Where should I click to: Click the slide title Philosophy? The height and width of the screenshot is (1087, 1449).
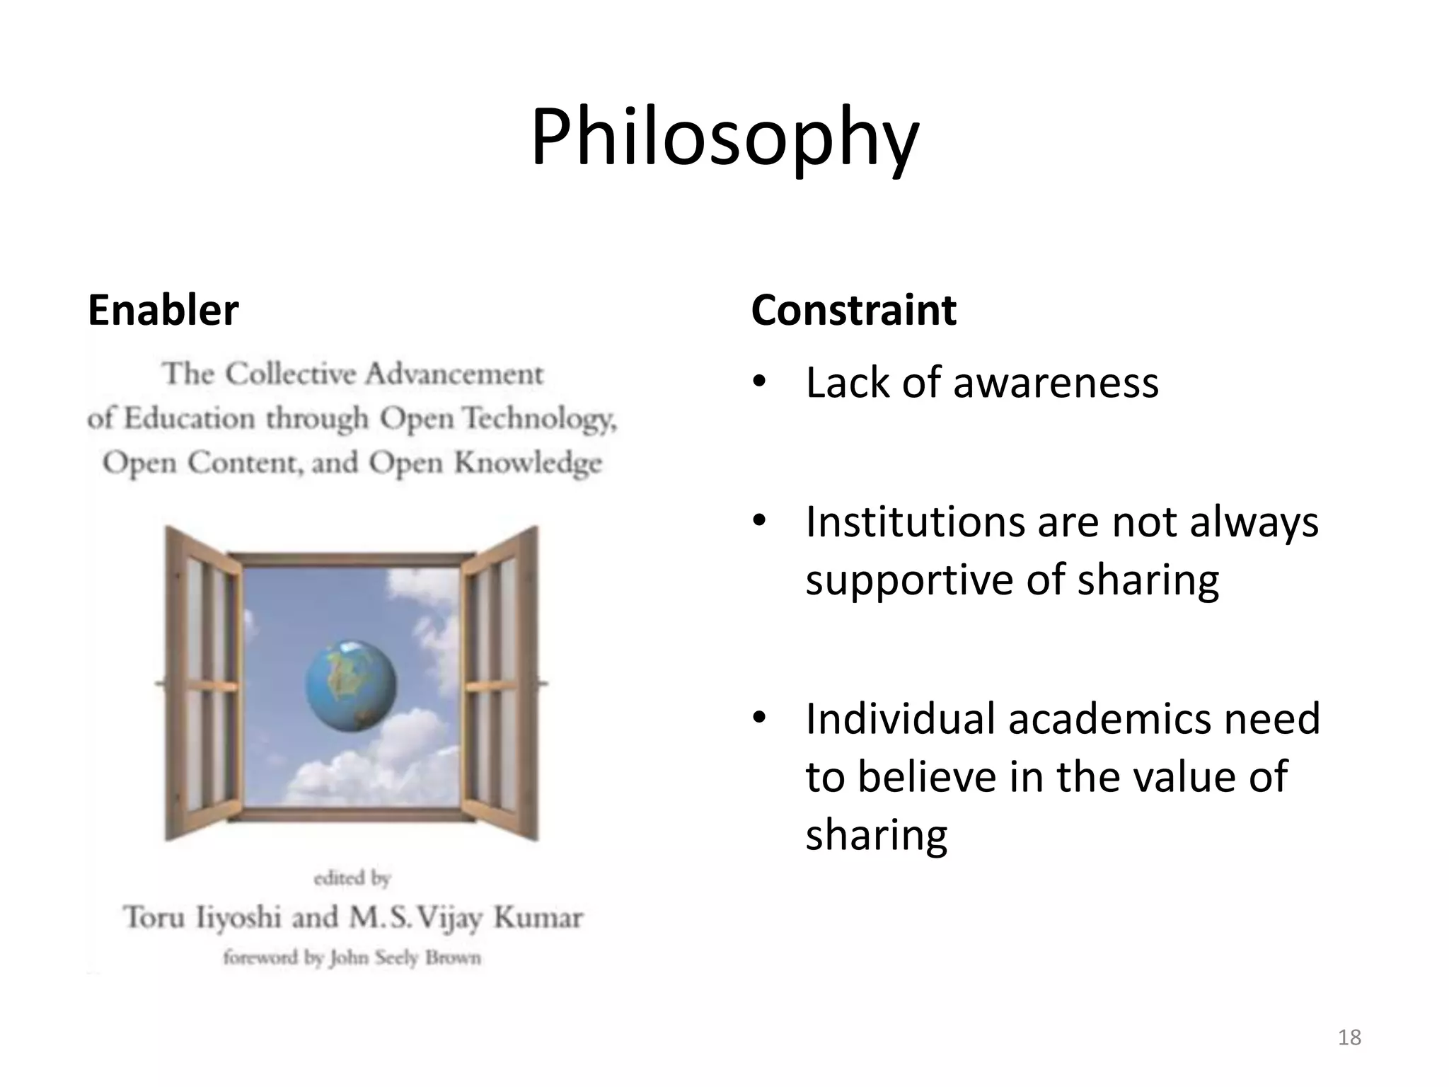724,138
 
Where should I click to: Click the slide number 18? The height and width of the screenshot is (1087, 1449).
1349,1037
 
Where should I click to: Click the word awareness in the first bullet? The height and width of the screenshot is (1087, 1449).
1055,383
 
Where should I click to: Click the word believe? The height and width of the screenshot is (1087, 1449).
928,777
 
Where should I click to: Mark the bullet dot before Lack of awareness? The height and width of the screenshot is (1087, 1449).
759,383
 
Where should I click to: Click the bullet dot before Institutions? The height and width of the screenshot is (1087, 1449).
759,522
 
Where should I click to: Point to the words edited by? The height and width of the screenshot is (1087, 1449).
352,879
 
